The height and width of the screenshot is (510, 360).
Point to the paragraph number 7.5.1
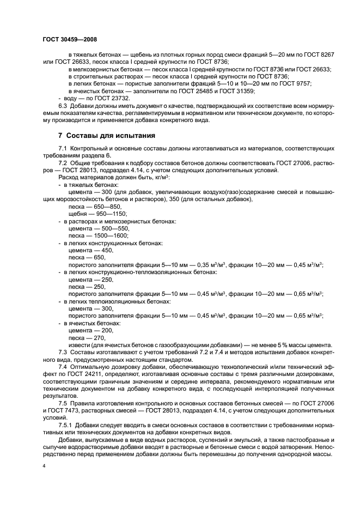66,423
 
